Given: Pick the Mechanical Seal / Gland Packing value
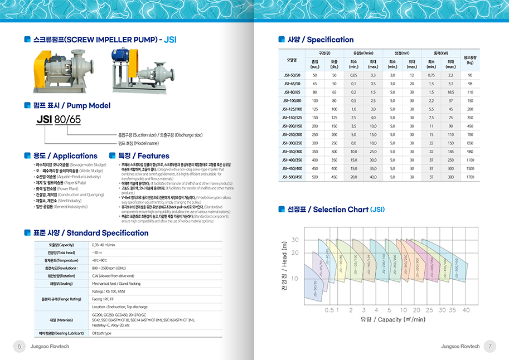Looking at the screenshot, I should pos(116,284).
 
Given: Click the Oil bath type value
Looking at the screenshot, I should pos(102,333).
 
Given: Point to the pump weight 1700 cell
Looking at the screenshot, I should pos(470,177).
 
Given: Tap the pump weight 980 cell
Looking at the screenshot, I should pos(470,152).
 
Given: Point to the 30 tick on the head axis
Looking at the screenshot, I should pos(294,240).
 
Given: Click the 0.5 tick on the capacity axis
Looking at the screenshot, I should pos(329,310).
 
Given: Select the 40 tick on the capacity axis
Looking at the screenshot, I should pos(466,310).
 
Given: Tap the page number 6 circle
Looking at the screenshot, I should pos(19,347).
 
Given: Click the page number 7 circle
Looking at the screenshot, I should pos(489,347).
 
